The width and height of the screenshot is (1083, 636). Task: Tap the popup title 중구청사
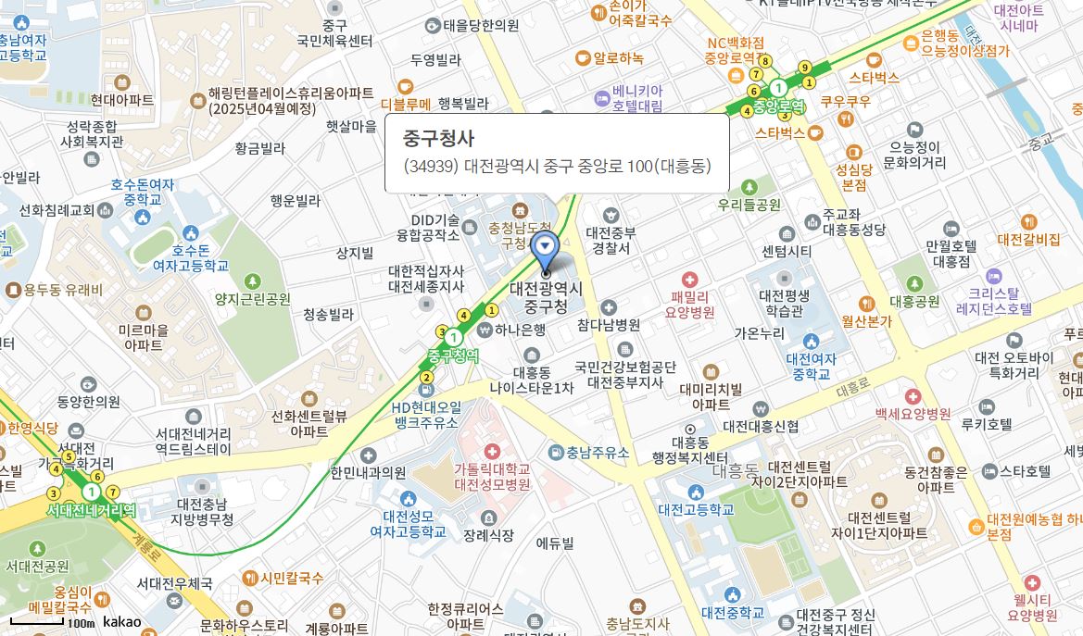coord(438,138)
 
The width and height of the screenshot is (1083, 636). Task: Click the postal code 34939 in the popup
coord(432,167)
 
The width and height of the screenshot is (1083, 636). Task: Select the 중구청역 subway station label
coord(453,355)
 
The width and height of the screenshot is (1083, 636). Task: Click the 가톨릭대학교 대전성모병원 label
coord(491,476)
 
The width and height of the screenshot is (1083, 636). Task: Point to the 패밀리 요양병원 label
coord(689,305)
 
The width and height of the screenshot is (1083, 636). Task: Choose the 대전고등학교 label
coord(696,509)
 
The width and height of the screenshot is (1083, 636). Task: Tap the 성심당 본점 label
coord(853,177)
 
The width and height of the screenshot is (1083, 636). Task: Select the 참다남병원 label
coord(609,325)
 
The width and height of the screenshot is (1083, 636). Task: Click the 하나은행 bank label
coord(520,329)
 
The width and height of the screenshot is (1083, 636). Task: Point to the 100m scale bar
coord(37,620)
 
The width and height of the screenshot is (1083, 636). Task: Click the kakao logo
coord(122,621)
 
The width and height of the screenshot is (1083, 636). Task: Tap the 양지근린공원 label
coord(252,299)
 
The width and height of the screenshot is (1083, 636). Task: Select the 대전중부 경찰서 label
coord(611,240)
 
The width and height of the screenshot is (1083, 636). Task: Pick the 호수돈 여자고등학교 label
coord(191,257)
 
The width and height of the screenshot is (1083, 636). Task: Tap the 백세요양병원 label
coord(913,413)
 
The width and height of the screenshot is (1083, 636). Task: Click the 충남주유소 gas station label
coord(598,453)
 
